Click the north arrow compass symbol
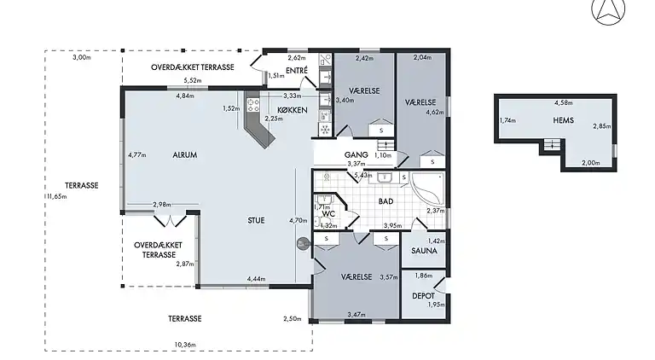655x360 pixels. (608, 11)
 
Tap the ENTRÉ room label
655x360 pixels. (297, 71)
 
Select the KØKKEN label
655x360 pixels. (293, 110)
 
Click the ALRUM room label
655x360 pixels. (184, 155)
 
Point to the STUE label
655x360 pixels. (256, 220)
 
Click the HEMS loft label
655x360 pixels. (563, 120)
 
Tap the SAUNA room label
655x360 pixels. (424, 251)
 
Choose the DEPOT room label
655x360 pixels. (423, 296)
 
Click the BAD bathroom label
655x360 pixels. (386, 201)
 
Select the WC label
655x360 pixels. (328, 214)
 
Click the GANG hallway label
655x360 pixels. (356, 155)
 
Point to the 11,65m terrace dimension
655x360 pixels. (56, 196)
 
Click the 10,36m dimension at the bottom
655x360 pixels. (185, 345)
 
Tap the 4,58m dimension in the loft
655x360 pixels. (564, 102)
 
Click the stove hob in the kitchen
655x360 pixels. (253, 105)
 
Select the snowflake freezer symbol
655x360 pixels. (325, 130)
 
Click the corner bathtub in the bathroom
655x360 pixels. (427, 188)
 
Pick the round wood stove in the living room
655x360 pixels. (303, 244)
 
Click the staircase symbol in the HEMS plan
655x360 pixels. (553, 145)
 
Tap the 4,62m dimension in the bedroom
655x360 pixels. (435, 112)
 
